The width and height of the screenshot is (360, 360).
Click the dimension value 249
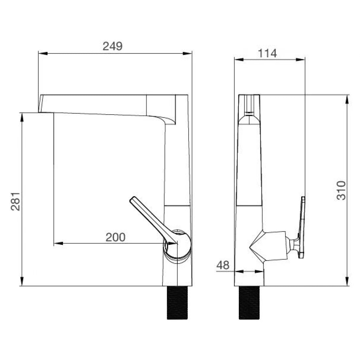[112, 46]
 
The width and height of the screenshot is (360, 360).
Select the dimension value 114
[267, 53]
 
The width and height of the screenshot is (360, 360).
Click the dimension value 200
[115, 237]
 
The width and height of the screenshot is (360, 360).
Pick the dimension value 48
[223, 265]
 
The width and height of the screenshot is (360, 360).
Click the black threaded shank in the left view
[177, 303]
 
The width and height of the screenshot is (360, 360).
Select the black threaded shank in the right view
[249, 303]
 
